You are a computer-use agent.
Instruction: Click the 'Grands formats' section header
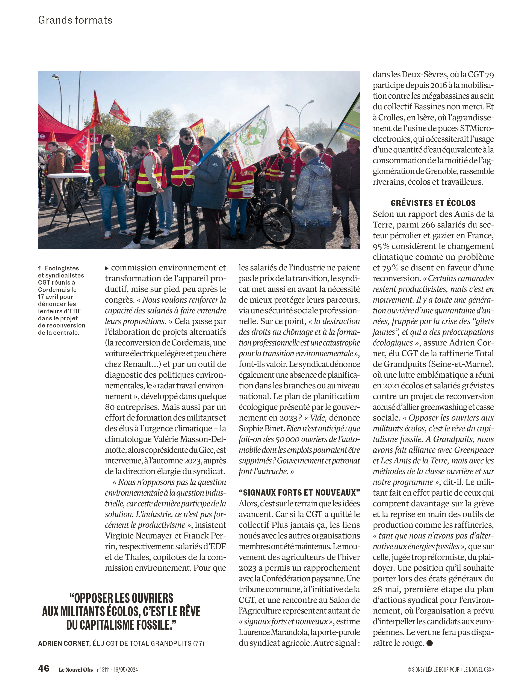[75, 20]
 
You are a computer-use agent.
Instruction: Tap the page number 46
[44, 668]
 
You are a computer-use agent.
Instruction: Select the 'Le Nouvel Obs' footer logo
[76, 669]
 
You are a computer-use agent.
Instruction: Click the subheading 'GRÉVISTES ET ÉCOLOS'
[433, 203]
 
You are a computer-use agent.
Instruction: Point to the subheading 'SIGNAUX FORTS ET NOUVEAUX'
[299, 492]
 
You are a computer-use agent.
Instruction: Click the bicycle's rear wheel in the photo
[278, 224]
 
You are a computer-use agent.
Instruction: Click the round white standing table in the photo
[69, 175]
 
